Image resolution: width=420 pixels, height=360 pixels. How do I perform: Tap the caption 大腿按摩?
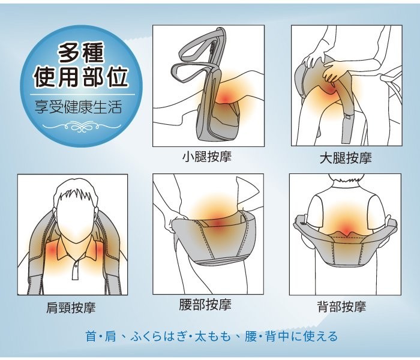pyautogui.click(x=345, y=158)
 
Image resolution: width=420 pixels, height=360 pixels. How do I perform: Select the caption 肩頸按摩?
pyautogui.click(x=71, y=308)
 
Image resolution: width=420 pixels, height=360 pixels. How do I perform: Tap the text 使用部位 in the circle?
pyautogui.click(x=79, y=79)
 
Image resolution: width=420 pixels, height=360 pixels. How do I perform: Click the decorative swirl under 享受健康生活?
pyautogui.click(x=79, y=127)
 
